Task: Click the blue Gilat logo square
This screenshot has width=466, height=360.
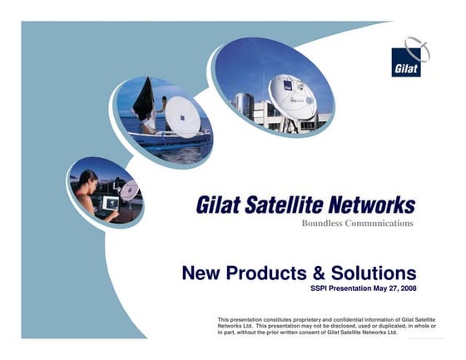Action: [406, 62]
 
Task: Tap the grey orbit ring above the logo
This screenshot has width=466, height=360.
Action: [418, 48]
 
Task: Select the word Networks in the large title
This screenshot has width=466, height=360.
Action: [373, 205]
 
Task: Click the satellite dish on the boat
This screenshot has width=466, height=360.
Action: [182, 118]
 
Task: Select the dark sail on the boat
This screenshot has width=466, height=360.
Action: [144, 100]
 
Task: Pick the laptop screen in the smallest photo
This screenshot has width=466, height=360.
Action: [111, 203]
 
